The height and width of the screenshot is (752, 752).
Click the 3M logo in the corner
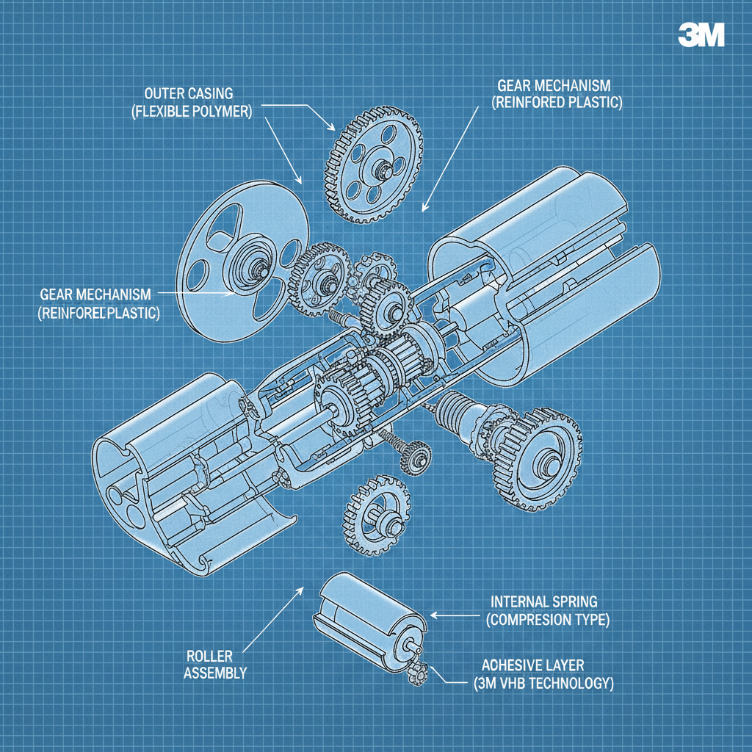[701, 35]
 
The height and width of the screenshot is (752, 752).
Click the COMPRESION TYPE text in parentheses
[548, 620]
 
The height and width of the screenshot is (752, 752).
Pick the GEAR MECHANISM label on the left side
[95, 294]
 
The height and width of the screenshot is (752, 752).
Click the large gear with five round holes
[372, 167]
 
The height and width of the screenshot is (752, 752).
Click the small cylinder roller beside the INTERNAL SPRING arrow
[367, 617]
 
